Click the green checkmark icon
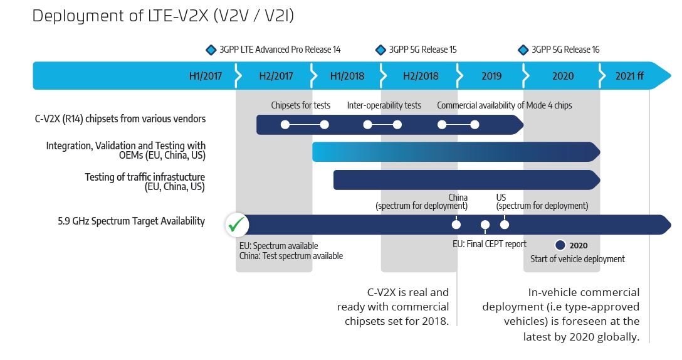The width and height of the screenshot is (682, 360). click(236, 225)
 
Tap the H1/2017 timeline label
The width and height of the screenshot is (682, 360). click(206, 76)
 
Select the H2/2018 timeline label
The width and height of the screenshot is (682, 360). click(421, 76)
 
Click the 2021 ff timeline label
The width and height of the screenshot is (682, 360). click(629, 76)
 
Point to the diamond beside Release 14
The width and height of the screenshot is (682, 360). click(211, 50)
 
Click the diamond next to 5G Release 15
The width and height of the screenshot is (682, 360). click(380, 50)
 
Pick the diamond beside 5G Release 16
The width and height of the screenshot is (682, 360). click(523, 50)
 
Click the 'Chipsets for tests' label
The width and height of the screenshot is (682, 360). click(300, 105)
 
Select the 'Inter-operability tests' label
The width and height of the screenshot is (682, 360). click(384, 105)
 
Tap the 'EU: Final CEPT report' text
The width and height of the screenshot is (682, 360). click(490, 244)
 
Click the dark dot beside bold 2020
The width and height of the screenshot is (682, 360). click(560, 245)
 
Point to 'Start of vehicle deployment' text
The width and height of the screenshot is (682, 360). click(577, 259)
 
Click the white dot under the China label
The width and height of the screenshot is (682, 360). click(456, 225)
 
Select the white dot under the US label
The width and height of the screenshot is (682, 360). click(505, 225)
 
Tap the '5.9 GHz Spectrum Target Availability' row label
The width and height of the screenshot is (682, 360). click(132, 221)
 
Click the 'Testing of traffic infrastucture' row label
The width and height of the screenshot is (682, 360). click(145, 177)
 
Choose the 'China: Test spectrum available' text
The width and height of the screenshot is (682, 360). click(291, 256)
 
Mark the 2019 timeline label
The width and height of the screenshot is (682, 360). click(491, 76)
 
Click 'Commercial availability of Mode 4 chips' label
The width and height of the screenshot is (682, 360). click(505, 105)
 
